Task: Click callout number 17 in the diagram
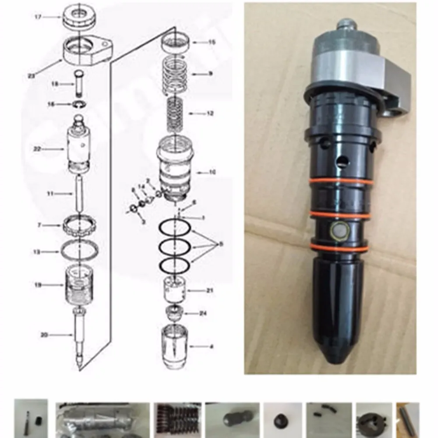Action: click(38, 17)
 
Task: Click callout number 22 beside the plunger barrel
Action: click(37, 149)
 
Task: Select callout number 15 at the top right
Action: click(212, 42)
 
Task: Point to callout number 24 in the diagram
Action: click(203, 313)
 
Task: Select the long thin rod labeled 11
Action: click(80, 193)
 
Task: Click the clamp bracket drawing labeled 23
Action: click(88, 52)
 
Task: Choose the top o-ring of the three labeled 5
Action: click(174, 229)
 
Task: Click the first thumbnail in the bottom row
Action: click(31, 419)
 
